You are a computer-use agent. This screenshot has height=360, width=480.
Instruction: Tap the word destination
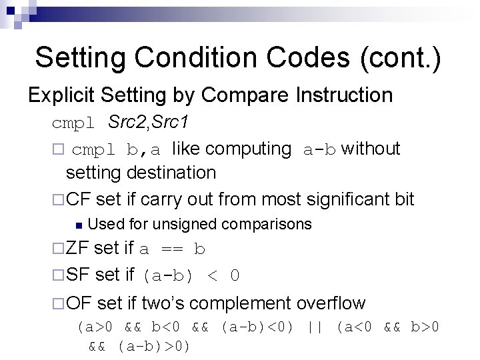171,173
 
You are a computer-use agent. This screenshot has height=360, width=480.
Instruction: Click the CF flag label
78,199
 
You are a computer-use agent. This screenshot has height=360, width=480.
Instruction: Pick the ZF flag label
78,249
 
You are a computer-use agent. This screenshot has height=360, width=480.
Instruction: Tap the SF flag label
78,275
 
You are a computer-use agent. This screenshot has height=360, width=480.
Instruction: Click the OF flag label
79,303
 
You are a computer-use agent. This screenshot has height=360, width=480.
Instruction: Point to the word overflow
331,303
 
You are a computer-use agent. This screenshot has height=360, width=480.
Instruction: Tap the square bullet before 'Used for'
79,224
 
